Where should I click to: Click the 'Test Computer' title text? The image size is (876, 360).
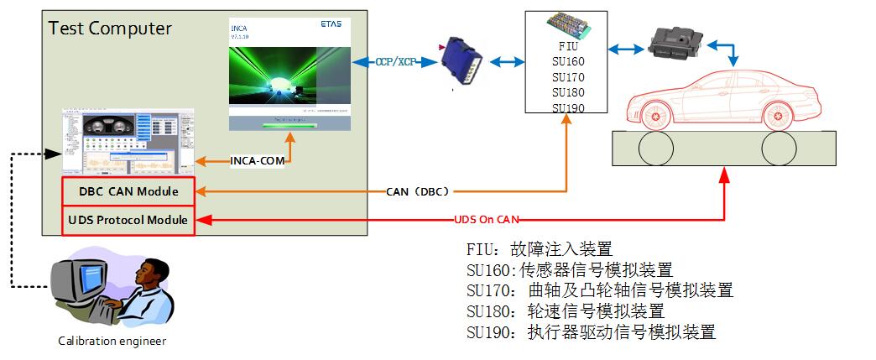(110, 29)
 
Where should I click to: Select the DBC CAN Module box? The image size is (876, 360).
(128, 191)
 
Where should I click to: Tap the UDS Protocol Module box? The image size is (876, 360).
(128, 220)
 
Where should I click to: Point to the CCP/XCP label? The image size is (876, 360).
(396, 62)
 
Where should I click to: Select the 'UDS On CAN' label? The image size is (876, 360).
(488, 220)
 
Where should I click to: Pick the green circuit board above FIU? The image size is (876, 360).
(567, 25)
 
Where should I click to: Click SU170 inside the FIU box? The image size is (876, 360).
(568, 77)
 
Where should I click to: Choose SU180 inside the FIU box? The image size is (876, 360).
(568, 92)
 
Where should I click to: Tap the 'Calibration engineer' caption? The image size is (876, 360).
(112, 341)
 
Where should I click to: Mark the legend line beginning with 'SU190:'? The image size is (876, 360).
(591, 331)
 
